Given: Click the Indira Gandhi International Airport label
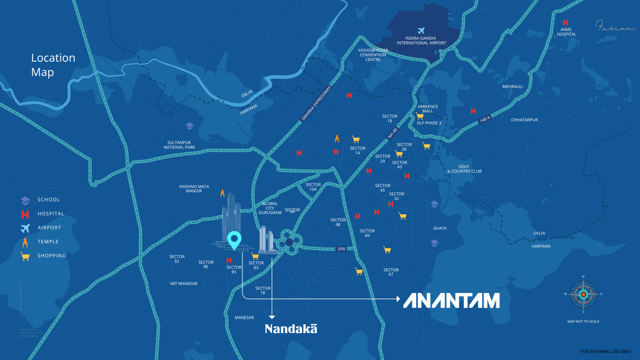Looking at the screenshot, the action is [421, 40].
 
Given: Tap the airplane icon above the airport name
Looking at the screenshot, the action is [421, 31].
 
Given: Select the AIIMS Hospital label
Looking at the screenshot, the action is [566, 32].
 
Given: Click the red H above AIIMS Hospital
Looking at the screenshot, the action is [565, 22].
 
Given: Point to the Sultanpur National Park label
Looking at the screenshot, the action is [179, 145].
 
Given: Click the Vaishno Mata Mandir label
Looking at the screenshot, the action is [194, 189].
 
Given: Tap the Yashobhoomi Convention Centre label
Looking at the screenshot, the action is [373, 55].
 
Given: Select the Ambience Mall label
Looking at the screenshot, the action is [428, 109].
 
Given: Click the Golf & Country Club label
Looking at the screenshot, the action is [464, 169].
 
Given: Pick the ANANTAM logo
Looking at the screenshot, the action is [451, 300].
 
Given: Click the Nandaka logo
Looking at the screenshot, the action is [291, 329].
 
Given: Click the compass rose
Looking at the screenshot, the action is [583, 294].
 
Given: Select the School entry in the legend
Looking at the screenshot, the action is [48, 200].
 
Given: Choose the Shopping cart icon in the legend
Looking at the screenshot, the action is [25, 256].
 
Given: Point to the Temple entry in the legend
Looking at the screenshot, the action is [48, 242].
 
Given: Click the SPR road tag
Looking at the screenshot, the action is [341, 249].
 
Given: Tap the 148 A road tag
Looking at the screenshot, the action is [485, 120].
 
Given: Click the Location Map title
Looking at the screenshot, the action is [53, 65].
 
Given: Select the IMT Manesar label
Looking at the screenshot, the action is [184, 284].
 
